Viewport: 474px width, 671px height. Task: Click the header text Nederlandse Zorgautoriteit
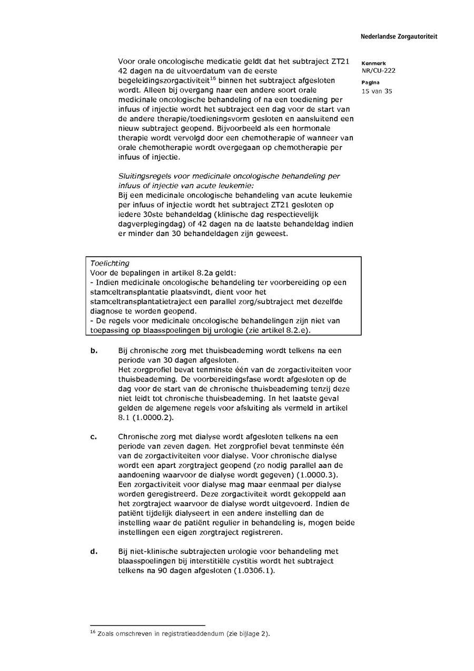(x=399, y=37)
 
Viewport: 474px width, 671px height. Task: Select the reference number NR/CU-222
(x=378, y=71)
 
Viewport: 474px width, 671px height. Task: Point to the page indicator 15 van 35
(x=377, y=91)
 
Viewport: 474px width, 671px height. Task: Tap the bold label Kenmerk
(x=373, y=63)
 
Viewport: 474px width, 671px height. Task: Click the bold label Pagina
(x=371, y=83)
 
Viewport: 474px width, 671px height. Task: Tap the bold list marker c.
(x=93, y=436)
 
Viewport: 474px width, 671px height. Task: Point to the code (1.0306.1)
(x=254, y=571)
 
